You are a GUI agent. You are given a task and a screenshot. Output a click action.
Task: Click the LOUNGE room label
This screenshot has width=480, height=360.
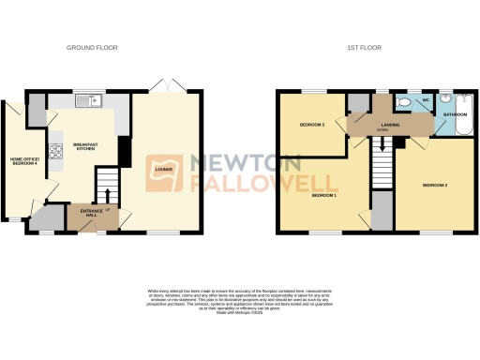(163, 170)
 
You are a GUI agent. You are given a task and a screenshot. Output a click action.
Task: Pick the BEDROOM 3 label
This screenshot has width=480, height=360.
(311, 125)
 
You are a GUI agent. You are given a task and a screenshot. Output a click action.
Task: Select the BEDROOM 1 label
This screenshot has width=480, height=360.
(323, 194)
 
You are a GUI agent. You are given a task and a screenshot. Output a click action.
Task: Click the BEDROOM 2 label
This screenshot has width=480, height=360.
(434, 185)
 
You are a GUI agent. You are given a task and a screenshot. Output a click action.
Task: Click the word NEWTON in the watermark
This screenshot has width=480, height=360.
(247, 162)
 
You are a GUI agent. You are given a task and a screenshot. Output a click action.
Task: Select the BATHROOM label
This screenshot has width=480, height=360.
(456, 114)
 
